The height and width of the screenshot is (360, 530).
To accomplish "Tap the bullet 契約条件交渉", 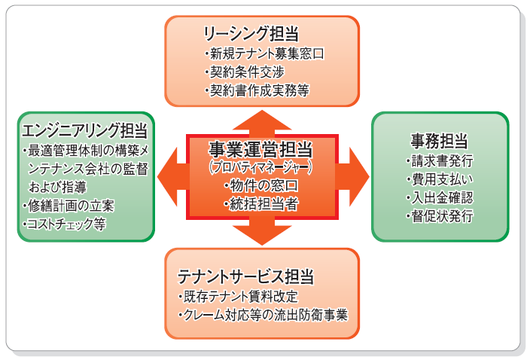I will pos(243,72).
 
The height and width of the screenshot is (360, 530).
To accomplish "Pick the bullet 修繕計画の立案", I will pos(72,206).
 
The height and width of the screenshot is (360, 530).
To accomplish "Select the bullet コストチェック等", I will pos(65,224).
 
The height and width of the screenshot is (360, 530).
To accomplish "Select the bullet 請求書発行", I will pos(440,161).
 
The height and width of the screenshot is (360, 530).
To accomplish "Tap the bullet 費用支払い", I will pos(440,180).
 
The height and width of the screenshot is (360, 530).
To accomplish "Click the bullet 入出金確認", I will pos(440,198).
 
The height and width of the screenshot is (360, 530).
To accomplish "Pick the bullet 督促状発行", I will pos(440,216).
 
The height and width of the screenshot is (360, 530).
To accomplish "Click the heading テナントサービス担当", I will pos(246,276).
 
